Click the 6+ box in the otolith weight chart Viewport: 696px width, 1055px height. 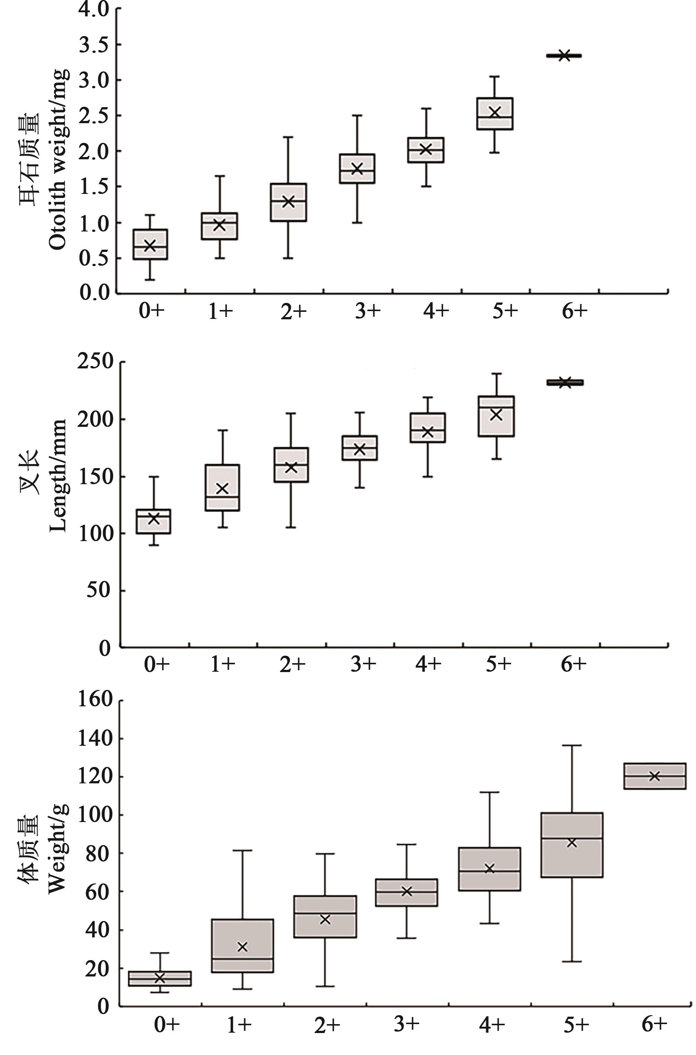[x=564, y=56]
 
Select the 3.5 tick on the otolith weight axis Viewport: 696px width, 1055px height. [x=94, y=45]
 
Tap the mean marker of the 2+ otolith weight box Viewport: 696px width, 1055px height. [x=288, y=201]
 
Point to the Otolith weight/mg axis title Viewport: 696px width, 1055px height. [x=58, y=160]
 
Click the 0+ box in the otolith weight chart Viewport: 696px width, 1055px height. [x=150, y=244]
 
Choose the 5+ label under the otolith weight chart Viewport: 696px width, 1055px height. [x=505, y=311]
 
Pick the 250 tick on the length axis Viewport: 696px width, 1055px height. [x=95, y=361]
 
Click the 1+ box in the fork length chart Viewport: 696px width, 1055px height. [x=222, y=487]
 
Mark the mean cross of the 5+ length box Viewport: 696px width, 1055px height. [x=496, y=415]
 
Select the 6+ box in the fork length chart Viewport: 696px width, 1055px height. [x=565, y=383]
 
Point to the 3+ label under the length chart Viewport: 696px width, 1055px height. [x=364, y=664]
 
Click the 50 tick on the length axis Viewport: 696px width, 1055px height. [x=98, y=590]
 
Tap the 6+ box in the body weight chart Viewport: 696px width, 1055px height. [x=654, y=776]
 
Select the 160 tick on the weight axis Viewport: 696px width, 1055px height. [x=95, y=699]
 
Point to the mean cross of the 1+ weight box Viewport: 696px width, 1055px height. [x=242, y=947]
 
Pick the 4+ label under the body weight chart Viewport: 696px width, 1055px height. [x=492, y=1024]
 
